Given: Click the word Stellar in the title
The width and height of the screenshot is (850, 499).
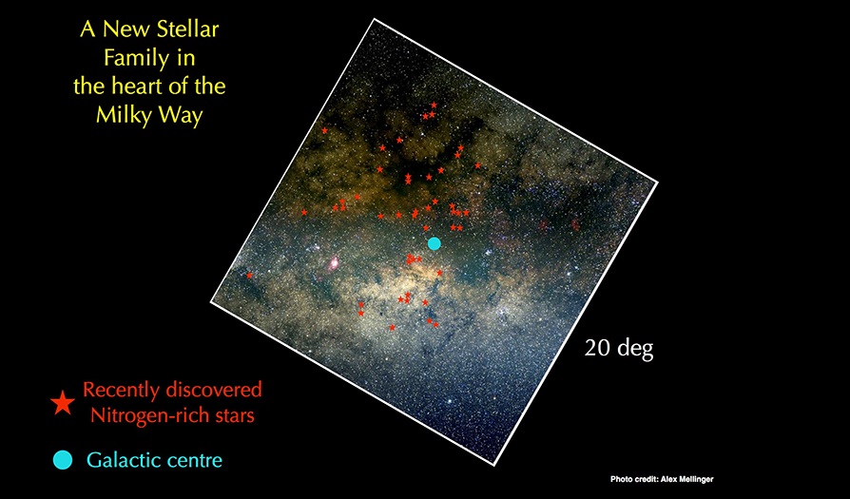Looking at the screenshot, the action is [x=187, y=29].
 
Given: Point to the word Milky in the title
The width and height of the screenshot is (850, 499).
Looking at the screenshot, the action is [x=123, y=115].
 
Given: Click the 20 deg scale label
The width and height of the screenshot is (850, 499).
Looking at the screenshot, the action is [x=619, y=348].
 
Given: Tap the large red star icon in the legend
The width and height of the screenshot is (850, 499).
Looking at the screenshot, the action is [x=63, y=403].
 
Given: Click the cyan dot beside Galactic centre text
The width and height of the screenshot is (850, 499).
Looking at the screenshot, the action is [x=63, y=460].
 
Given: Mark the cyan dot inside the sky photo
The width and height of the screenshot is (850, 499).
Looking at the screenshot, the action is [x=434, y=243].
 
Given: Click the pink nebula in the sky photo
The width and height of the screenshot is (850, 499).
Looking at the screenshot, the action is [x=335, y=263].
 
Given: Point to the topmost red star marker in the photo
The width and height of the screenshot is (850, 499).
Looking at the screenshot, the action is [x=434, y=105].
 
